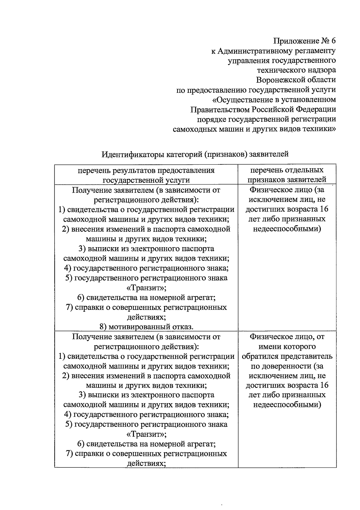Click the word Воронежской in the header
point(279,80)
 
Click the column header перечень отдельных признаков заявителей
point(287,175)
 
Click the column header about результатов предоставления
point(146,175)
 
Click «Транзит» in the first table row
point(146,288)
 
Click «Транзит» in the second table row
point(146,434)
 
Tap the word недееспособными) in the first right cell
point(287,229)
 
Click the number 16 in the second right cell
point(324,385)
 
